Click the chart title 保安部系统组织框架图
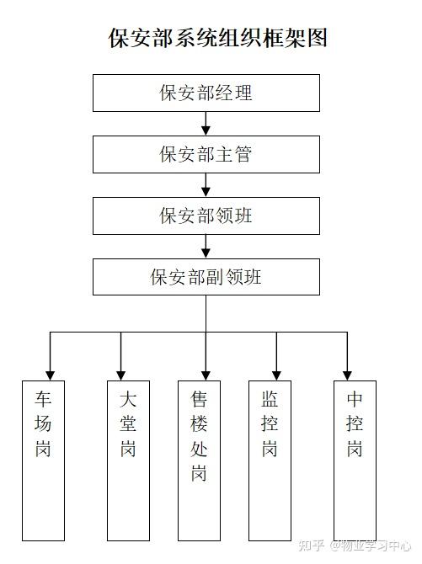coord(218,38)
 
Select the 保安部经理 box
coord(206,93)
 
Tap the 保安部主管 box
coord(206,154)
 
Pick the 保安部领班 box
coord(206,215)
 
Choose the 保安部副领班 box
coord(206,277)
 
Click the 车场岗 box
coord(43,460)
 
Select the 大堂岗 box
coord(128,460)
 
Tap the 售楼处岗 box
coord(199,460)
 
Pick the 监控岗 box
coord(270,460)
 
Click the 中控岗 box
coord(355,460)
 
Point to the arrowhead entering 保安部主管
coord(206,131)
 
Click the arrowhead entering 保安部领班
coord(206,192)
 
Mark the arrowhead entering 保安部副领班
coord(206,253)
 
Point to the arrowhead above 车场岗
coord(50,375)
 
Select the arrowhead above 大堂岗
coord(121,375)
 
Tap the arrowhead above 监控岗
coord(276,375)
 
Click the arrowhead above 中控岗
coord(347,375)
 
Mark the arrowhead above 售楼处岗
coord(206,375)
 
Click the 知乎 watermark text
coord(312,545)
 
